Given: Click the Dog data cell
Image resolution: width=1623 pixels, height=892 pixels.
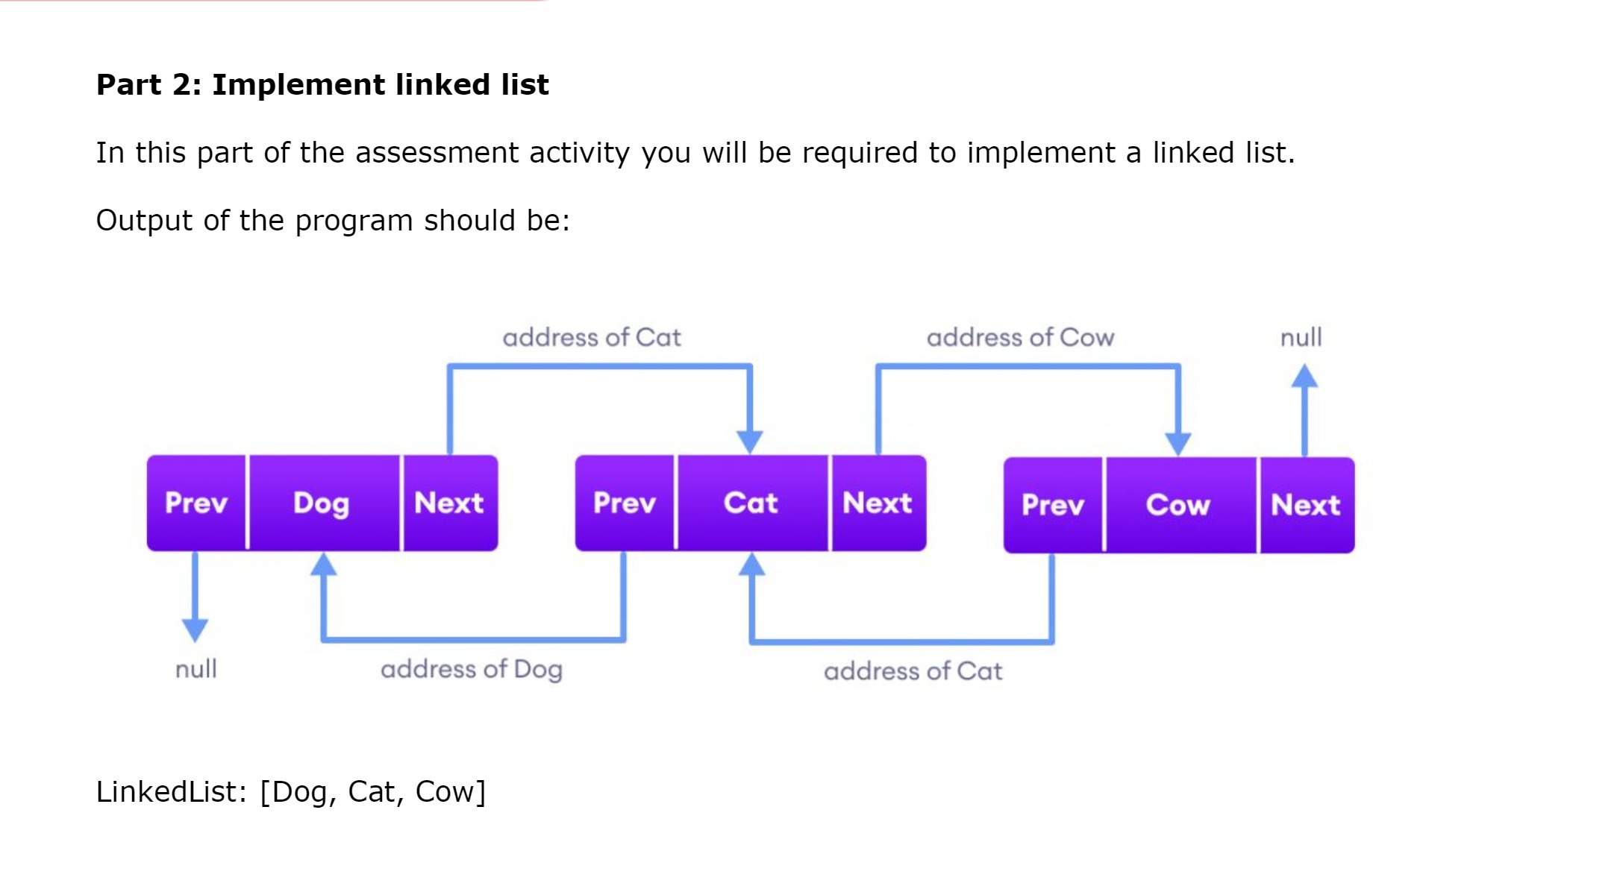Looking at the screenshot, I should (322, 503).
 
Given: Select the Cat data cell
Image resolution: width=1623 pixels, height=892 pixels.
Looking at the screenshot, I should (751, 503).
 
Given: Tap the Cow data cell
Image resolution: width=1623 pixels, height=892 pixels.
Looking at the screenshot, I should (1179, 506).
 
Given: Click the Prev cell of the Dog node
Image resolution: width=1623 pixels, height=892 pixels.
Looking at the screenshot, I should (196, 503).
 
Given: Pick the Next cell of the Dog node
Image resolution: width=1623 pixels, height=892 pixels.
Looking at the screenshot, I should (449, 503).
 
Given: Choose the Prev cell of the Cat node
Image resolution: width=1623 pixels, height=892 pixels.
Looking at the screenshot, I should (625, 503).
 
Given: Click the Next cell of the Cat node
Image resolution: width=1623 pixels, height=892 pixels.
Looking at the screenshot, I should (878, 503).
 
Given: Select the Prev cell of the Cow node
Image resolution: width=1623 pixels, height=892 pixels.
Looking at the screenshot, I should (1053, 506).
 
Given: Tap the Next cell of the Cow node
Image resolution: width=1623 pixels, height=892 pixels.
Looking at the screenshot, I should (1306, 506).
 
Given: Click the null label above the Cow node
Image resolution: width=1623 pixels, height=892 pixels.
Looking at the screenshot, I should (1301, 338).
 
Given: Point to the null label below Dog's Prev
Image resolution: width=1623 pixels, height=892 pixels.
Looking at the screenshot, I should (196, 669).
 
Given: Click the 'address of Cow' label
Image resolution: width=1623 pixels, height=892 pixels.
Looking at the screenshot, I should (1020, 338).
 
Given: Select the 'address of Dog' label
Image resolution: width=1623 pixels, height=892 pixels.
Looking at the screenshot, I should (472, 670).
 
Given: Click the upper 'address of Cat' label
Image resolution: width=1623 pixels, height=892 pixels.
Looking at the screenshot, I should (592, 338).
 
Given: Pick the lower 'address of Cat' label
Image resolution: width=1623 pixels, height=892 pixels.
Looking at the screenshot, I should (913, 671).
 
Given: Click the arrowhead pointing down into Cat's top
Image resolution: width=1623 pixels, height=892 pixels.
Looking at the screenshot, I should (750, 442).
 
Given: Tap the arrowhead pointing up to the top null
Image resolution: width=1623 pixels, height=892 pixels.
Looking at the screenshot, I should (1304, 376).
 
